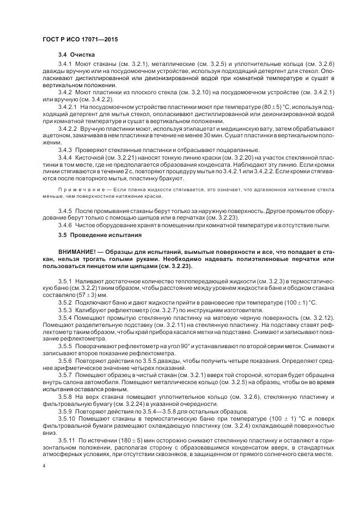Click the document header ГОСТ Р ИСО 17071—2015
coord(80,40)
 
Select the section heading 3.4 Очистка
coord(77,55)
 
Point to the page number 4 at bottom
coord(43,466)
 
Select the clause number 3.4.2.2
coord(68,127)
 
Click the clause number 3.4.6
coord(65,224)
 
